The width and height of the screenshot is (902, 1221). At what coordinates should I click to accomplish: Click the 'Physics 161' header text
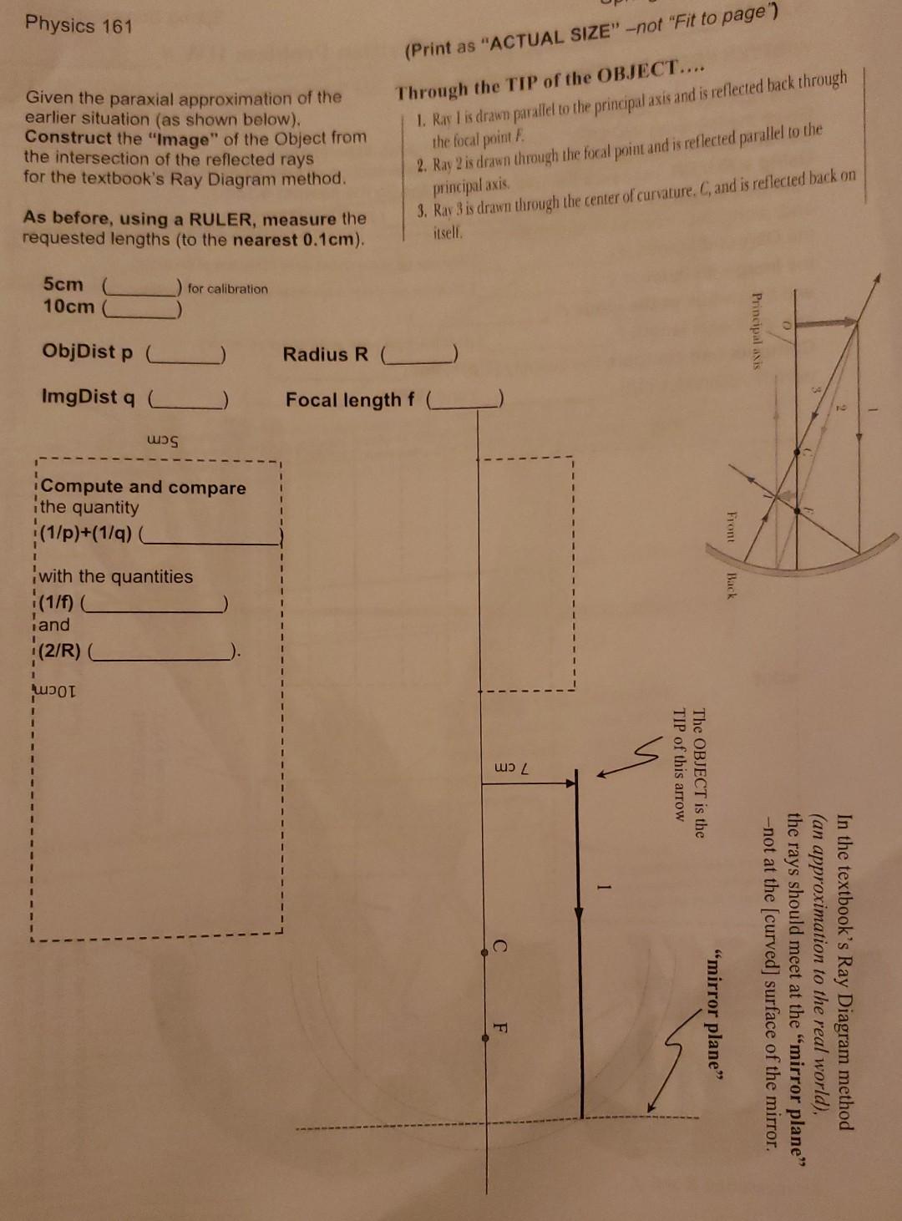pyautogui.click(x=79, y=25)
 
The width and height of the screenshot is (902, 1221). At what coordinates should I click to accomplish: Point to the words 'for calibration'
pyautogui.click(x=228, y=289)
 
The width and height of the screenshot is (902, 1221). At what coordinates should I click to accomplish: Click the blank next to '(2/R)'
pyautogui.click(x=164, y=651)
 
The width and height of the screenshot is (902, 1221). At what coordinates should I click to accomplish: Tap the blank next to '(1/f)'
pyautogui.click(x=158, y=603)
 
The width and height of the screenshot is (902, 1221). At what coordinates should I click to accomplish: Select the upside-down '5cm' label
pyautogui.click(x=163, y=438)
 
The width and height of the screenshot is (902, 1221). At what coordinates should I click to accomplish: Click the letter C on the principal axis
pyautogui.click(x=499, y=946)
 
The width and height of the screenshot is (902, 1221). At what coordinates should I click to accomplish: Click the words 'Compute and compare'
pyautogui.click(x=144, y=487)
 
